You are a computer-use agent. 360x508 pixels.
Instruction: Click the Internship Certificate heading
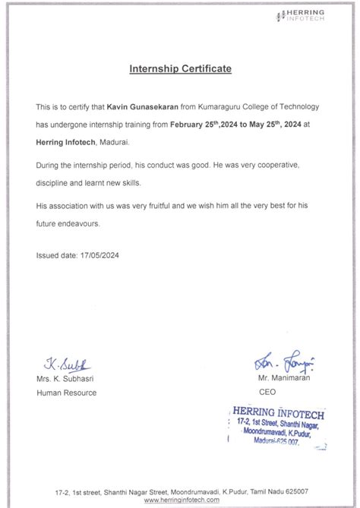coord(180,69)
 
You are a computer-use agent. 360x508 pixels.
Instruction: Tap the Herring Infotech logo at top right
coord(305,14)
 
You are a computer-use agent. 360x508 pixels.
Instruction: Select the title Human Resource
coord(67,393)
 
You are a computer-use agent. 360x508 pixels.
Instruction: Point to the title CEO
coord(267,393)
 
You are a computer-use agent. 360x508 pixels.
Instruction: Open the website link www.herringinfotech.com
coord(180,500)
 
